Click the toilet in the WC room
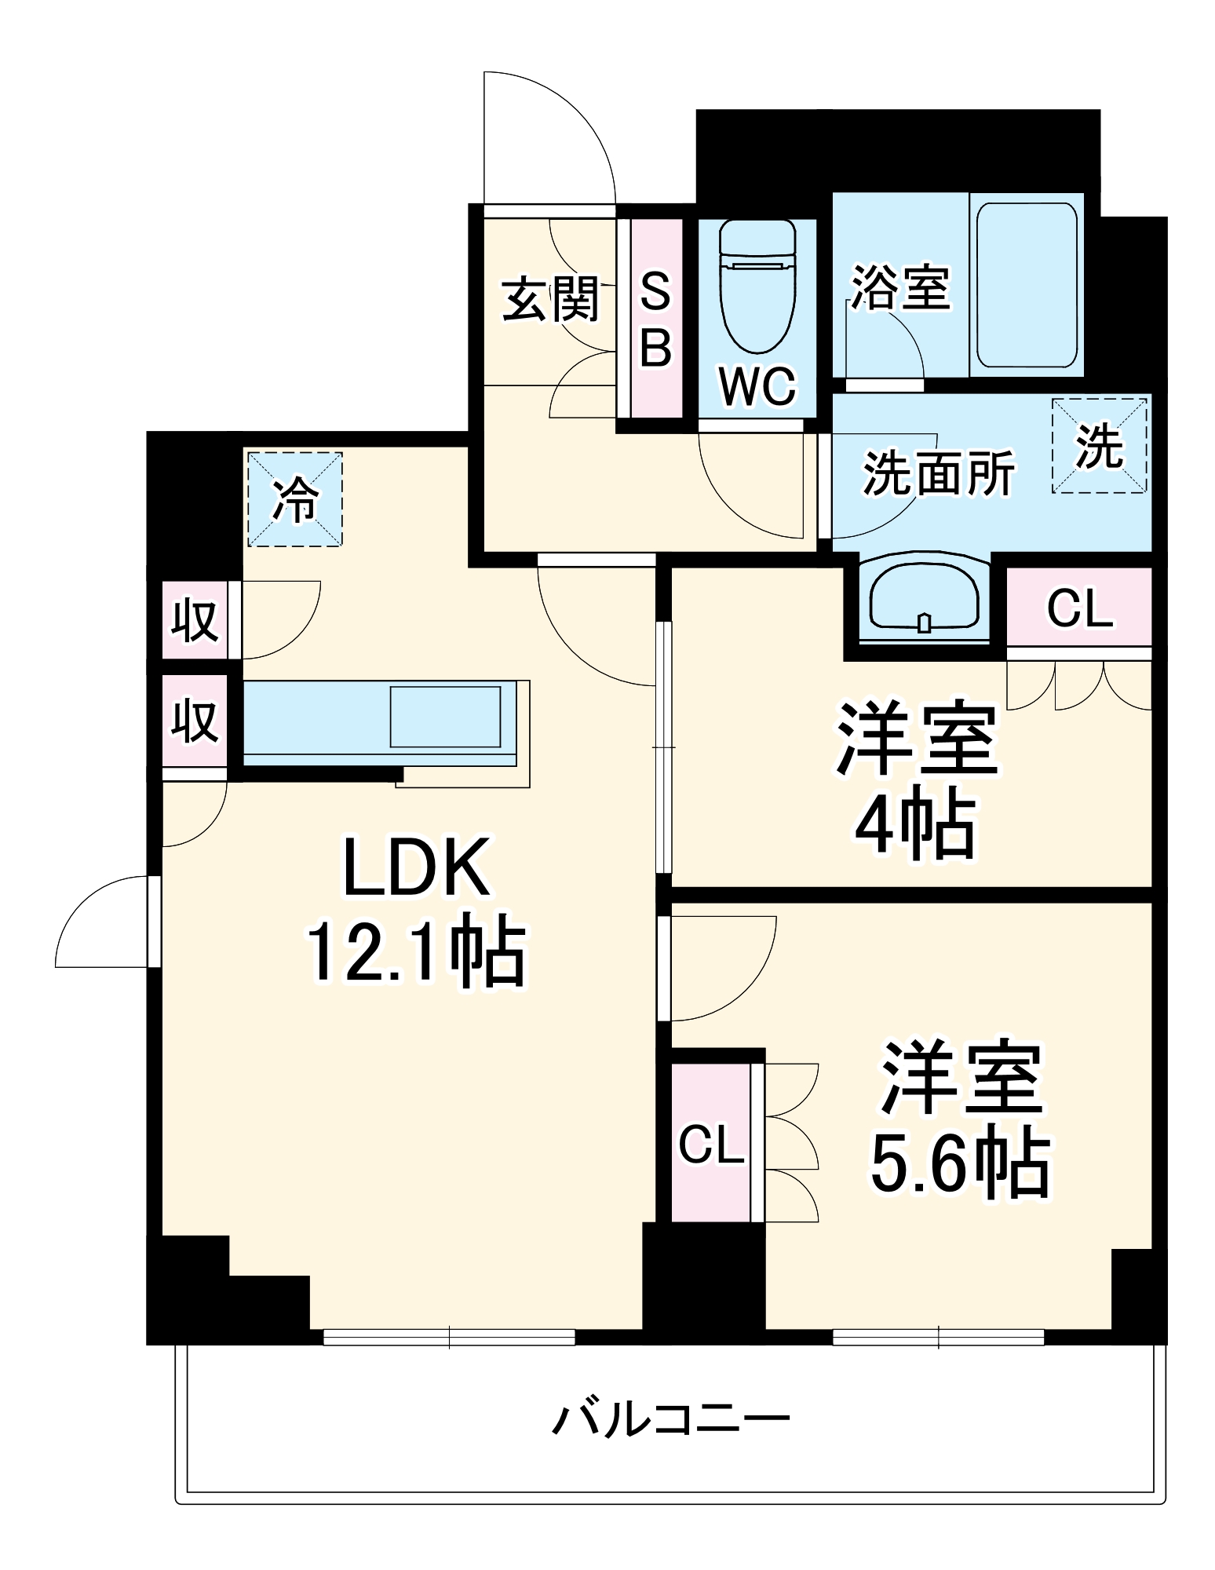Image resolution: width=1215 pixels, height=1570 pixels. click(757, 287)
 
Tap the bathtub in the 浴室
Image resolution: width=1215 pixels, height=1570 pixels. click(1026, 285)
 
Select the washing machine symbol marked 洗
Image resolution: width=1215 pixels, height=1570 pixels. click(1099, 446)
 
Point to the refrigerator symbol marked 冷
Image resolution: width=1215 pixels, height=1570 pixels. click(295, 498)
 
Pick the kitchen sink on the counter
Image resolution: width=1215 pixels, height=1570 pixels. click(446, 717)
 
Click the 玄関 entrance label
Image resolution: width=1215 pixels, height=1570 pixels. click(551, 299)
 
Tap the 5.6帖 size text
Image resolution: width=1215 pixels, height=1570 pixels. click(960, 1165)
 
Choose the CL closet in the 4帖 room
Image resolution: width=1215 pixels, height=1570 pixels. click(1079, 608)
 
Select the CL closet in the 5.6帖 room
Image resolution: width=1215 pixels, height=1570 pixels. click(711, 1144)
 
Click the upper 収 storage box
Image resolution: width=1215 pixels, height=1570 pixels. click(195, 620)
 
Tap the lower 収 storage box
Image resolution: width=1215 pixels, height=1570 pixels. click(195, 720)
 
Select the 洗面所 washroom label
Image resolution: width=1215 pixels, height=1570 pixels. click(939, 473)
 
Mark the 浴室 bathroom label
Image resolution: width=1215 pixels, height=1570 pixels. click(901, 287)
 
